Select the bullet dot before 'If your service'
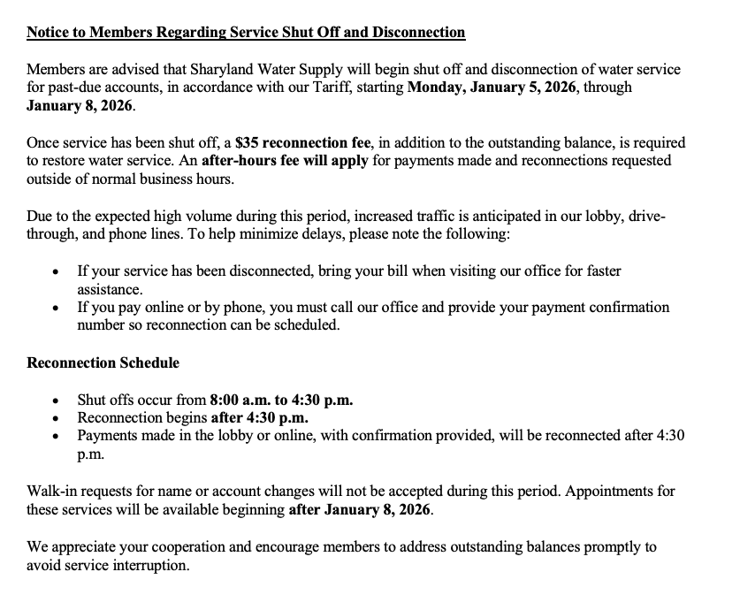click(57, 271)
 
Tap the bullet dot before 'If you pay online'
click(57, 308)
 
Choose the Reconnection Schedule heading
click(103, 362)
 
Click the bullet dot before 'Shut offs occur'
click(57, 400)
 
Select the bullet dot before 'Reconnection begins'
click(57, 418)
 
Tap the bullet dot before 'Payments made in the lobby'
click(57, 437)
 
